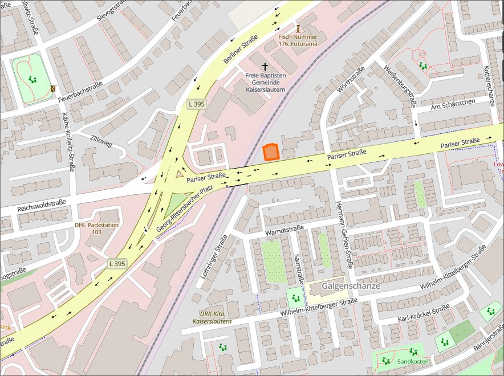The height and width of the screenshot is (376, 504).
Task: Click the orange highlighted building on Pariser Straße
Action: pyautogui.click(x=271, y=152)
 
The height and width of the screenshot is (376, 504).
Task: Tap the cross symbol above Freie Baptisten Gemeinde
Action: pyautogui.click(x=265, y=67)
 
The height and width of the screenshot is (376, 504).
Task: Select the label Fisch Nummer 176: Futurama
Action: pyautogui.click(x=298, y=40)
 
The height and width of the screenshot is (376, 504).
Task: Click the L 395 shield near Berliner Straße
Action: pyautogui.click(x=196, y=104)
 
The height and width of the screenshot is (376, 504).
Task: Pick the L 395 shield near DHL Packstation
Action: pyautogui.click(x=117, y=263)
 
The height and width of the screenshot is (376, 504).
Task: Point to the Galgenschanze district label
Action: pyautogui.click(x=351, y=285)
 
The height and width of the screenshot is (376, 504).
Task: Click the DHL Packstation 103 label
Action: pyautogui.click(x=96, y=228)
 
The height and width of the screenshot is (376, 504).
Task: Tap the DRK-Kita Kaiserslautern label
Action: pyautogui.click(x=212, y=317)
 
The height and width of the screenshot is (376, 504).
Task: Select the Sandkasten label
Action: pyautogui.click(x=413, y=361)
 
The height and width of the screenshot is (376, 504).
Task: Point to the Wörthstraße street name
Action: pyautogui.click(x=351, y=81)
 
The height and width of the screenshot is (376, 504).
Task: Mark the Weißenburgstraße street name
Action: pyautogui.click(x=399, y=85)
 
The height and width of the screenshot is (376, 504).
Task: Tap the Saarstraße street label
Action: pyautogui.click(x=298, y=268)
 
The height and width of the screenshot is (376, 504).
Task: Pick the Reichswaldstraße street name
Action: pyautogui.click(x=42, y=206)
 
